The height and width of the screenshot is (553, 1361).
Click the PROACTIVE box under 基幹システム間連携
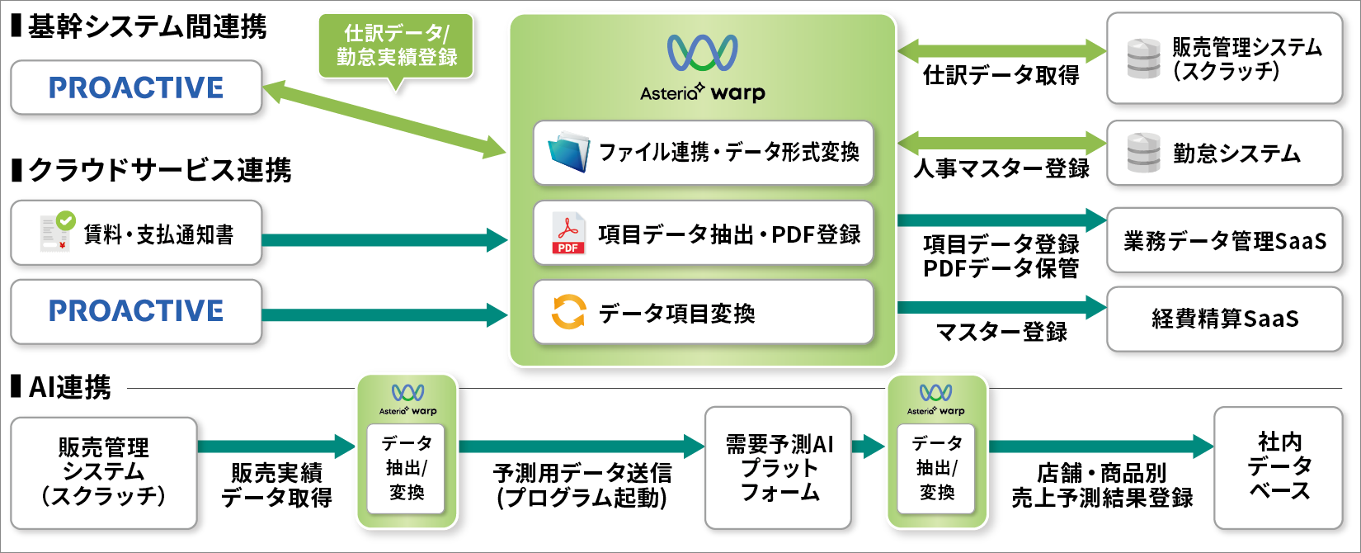[x=136, y=87]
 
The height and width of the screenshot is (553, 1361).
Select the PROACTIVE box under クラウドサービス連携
[x=136, y=311]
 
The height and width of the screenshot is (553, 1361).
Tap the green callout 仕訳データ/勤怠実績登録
[x=396, y=46]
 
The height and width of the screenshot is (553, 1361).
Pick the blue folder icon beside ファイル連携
[x=569, y=152]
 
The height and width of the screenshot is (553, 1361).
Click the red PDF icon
[x=568, y=234]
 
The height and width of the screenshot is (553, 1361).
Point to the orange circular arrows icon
[x=568, y=313]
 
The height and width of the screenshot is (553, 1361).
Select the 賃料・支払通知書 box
[x=136, y=234]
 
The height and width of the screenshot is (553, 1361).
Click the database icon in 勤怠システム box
[x=1143, y=154]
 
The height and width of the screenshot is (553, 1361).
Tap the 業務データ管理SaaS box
[x=1224, y=241]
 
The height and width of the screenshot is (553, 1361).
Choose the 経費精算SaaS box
[x=1224, y=319]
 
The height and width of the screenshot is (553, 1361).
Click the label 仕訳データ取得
[x=1001, y=76]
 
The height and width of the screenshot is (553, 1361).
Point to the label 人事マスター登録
[x=1001, y=169]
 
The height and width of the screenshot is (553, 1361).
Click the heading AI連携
[x=69, y=387]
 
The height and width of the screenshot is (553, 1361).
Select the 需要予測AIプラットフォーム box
[x=779, y=468]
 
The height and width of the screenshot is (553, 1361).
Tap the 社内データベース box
[x=1279, y=467]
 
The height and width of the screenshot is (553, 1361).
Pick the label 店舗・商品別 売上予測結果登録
[x=1102, y=485]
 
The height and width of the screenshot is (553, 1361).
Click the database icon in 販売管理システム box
[x=1143, y=59]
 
